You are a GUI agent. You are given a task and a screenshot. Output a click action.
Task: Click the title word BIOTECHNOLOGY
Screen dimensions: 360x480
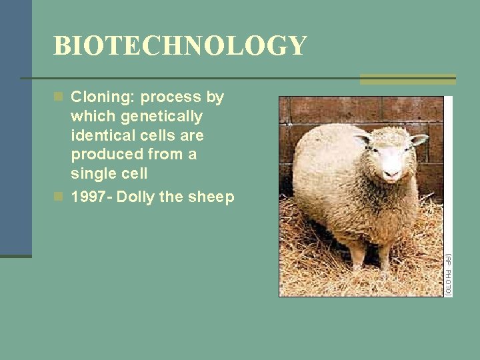tap(180, 46)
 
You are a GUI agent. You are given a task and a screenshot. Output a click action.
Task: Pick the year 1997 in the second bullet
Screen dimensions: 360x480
tap(89, 197)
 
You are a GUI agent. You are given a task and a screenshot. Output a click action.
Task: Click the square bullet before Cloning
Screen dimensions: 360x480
tap(59, 97)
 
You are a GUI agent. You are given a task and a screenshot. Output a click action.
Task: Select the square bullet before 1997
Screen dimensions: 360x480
tap(59, 197)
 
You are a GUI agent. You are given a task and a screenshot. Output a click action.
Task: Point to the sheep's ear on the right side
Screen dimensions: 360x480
tap(419, 140)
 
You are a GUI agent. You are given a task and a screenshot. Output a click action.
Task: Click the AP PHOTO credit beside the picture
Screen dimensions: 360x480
tap(449, 274)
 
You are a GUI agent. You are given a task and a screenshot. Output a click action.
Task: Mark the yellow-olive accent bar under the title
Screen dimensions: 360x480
tap(407, 79)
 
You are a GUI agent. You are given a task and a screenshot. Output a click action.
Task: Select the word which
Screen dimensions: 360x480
tap(91, 117)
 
